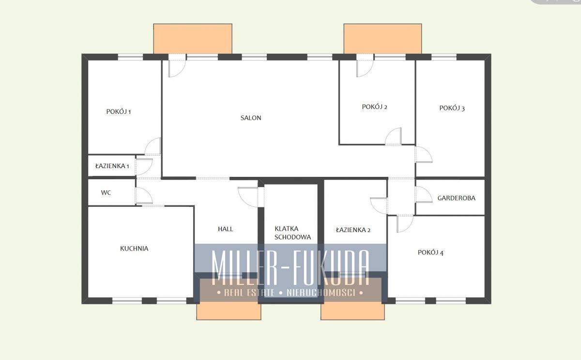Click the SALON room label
(251, 118)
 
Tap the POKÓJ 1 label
(119, 111)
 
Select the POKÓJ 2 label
(375, 107)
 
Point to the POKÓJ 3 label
(452, 108)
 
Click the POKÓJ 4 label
(430, 252)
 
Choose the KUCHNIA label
(134, 249)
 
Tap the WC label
(106, 192)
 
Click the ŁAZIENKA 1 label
(112, 166)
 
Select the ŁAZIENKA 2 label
(353, 230)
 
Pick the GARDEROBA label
(456, 198)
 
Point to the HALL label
(226, 229)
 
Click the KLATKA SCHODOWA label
(292, 233)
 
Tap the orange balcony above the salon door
(193, 39)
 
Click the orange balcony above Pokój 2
(382, 39)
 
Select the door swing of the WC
(144, 195)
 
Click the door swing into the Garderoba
(423, 194)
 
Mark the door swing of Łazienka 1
(144, 167)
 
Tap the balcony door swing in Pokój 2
(365, 68)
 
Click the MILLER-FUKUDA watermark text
(290, 267)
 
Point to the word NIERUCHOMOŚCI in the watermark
(321, 293)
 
